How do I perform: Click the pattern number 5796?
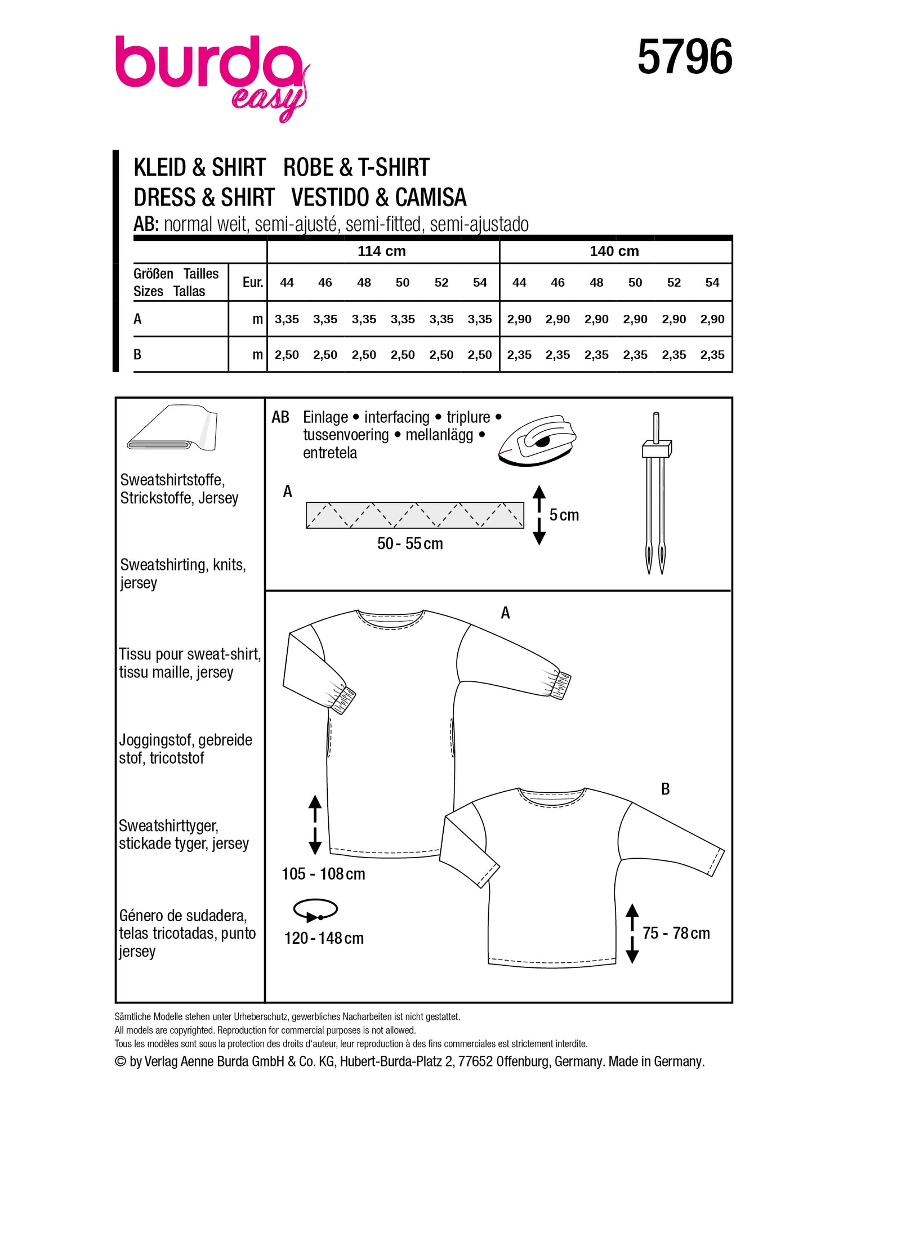point(684,57)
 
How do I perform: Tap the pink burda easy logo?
point(211,73)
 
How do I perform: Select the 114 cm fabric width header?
point(381,251)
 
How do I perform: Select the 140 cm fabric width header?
point(614,251)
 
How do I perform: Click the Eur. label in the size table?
point(252,282)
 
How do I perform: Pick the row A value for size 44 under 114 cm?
point(287,319)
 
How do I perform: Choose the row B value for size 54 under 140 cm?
point(712,355)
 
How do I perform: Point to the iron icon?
point(537,440)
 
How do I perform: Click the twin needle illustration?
point(655,493)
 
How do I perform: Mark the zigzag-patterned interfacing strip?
point(414,515)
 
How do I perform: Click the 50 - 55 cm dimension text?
point(409,543)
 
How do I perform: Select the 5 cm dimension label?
point(564,515)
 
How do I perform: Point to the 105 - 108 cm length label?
point(323,873)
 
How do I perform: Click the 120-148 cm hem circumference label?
point(324,938)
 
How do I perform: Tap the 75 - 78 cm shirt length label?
point(676,933)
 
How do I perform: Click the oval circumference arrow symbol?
point(315,910)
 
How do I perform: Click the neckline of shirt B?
point(551,798)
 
